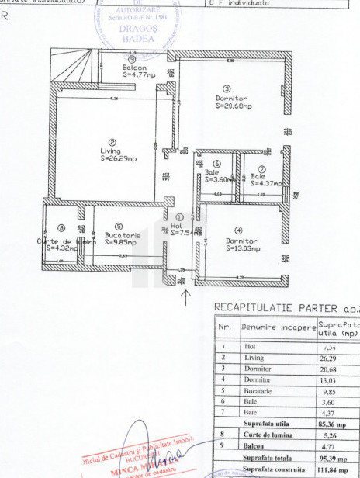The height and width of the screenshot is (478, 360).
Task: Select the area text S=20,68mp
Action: [x=231, y=106]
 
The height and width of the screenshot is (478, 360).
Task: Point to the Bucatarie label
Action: [x=123, y=234]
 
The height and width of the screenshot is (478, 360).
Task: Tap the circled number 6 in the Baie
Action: [x=216, y=164]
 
